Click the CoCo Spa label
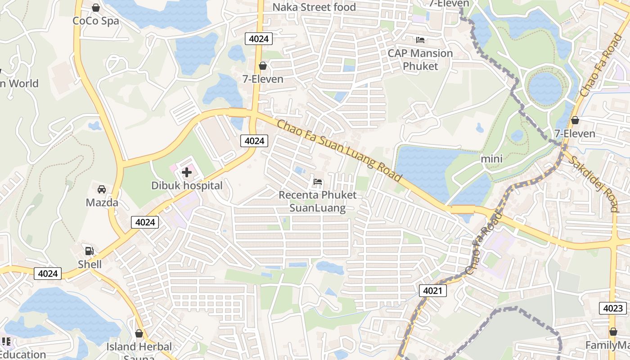[96, 21]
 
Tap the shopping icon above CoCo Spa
[96, 8]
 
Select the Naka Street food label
[315, 7]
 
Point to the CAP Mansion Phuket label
[420, 59]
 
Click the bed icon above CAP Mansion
[420, 40]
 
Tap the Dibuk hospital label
[187, 185]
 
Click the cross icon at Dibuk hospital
[187, 172]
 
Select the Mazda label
[102, 202]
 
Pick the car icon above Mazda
[102, 189]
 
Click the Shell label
[90, 264]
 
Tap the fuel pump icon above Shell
[90, 251]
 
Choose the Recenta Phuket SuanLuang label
[318, 201]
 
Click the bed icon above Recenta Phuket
[318, 182]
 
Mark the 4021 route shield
[432, 291]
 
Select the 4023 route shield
[613, 308]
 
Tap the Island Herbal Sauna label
[139, 349]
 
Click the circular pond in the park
[545, 86]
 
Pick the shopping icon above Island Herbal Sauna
[139, 333]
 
